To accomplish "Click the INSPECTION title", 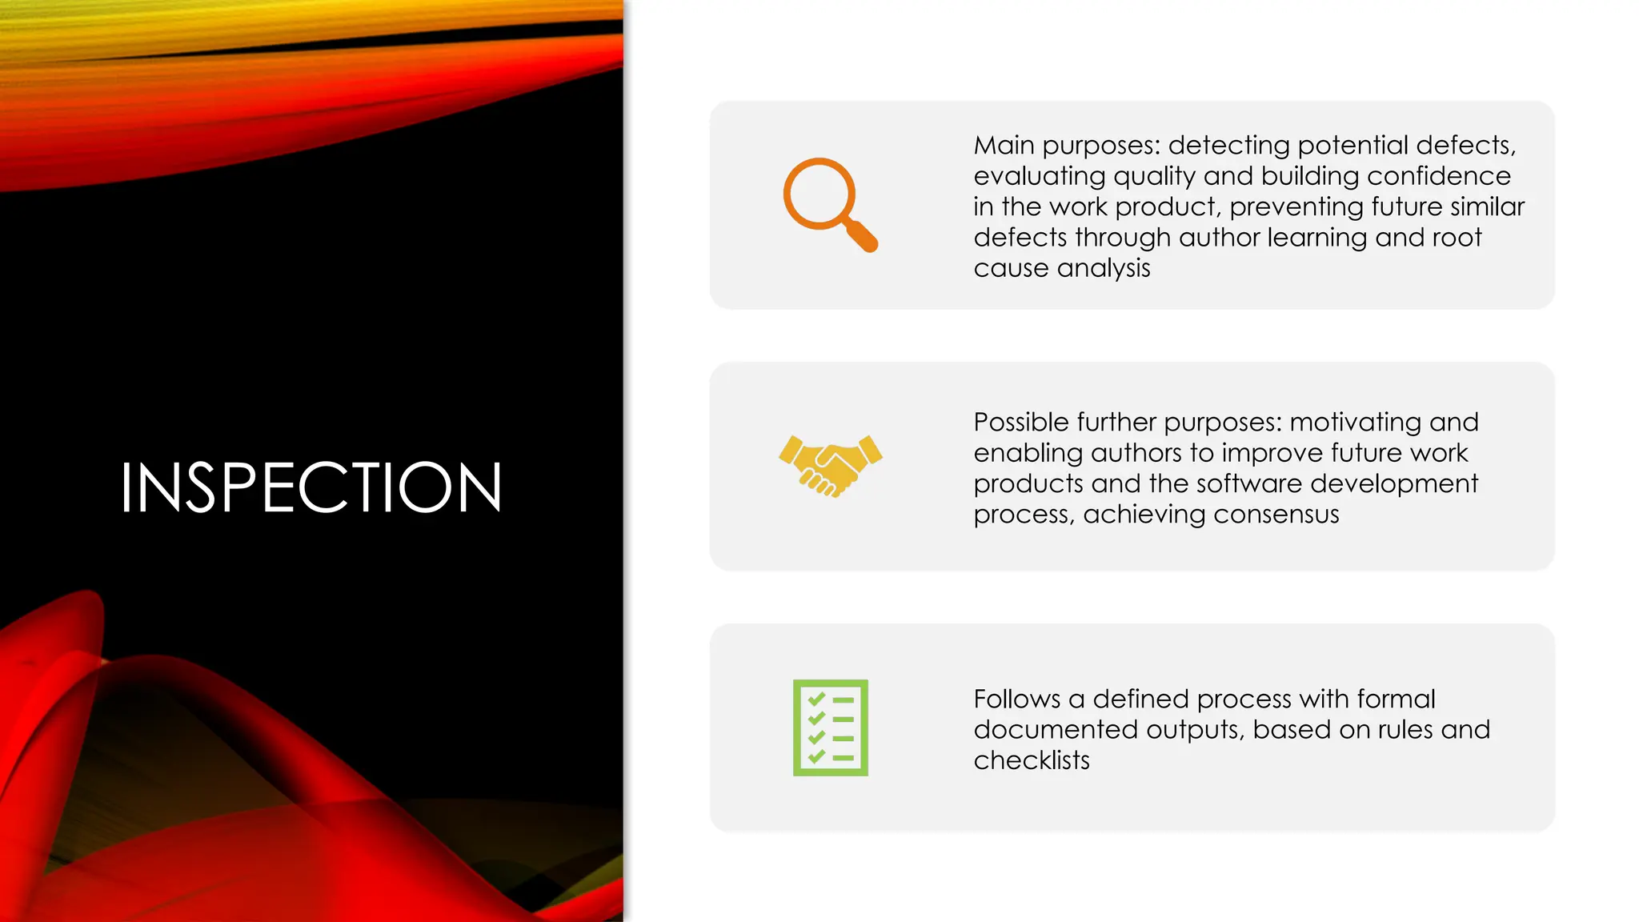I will tap(311, 487).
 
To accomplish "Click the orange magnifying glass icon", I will tap(829, 204).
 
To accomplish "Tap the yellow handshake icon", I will tap(830, 466).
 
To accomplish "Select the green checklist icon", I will tap(830, 728).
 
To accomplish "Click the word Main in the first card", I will tap(1004, 146).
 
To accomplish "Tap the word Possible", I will tap(1020, 423).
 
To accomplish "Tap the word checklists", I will tap(1032, 760).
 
